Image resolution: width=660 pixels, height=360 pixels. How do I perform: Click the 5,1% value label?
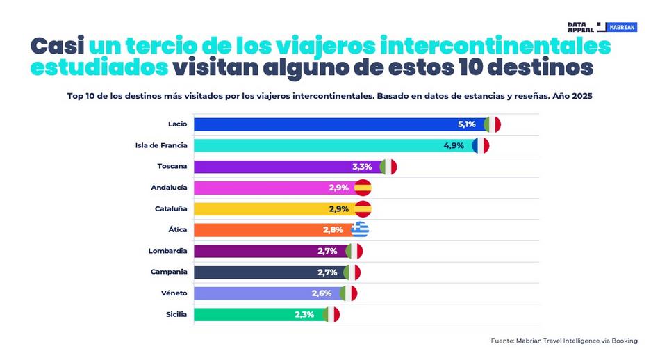pos(466,124)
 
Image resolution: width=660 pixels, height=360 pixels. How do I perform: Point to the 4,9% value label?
pos(454,146)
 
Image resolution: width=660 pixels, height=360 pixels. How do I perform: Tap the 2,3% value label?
pos(304,315)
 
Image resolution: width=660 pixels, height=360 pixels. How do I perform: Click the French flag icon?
pos(481,146)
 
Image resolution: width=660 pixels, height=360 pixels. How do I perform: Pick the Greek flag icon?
pos(360,230)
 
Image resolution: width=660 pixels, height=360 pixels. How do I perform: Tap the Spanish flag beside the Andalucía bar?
pos(363,188)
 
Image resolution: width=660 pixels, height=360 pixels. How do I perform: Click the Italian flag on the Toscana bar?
pos(388,167)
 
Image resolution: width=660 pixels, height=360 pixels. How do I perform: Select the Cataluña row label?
pos(170,208)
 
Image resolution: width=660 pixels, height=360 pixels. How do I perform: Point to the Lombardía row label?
pos(167,251)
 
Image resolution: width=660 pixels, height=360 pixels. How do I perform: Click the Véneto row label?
pos(173,293)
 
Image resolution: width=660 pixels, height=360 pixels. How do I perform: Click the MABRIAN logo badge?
pos(622,28)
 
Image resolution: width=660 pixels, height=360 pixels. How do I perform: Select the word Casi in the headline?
pos(57,46)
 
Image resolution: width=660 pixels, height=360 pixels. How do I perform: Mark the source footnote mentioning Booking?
pos(563,341)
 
